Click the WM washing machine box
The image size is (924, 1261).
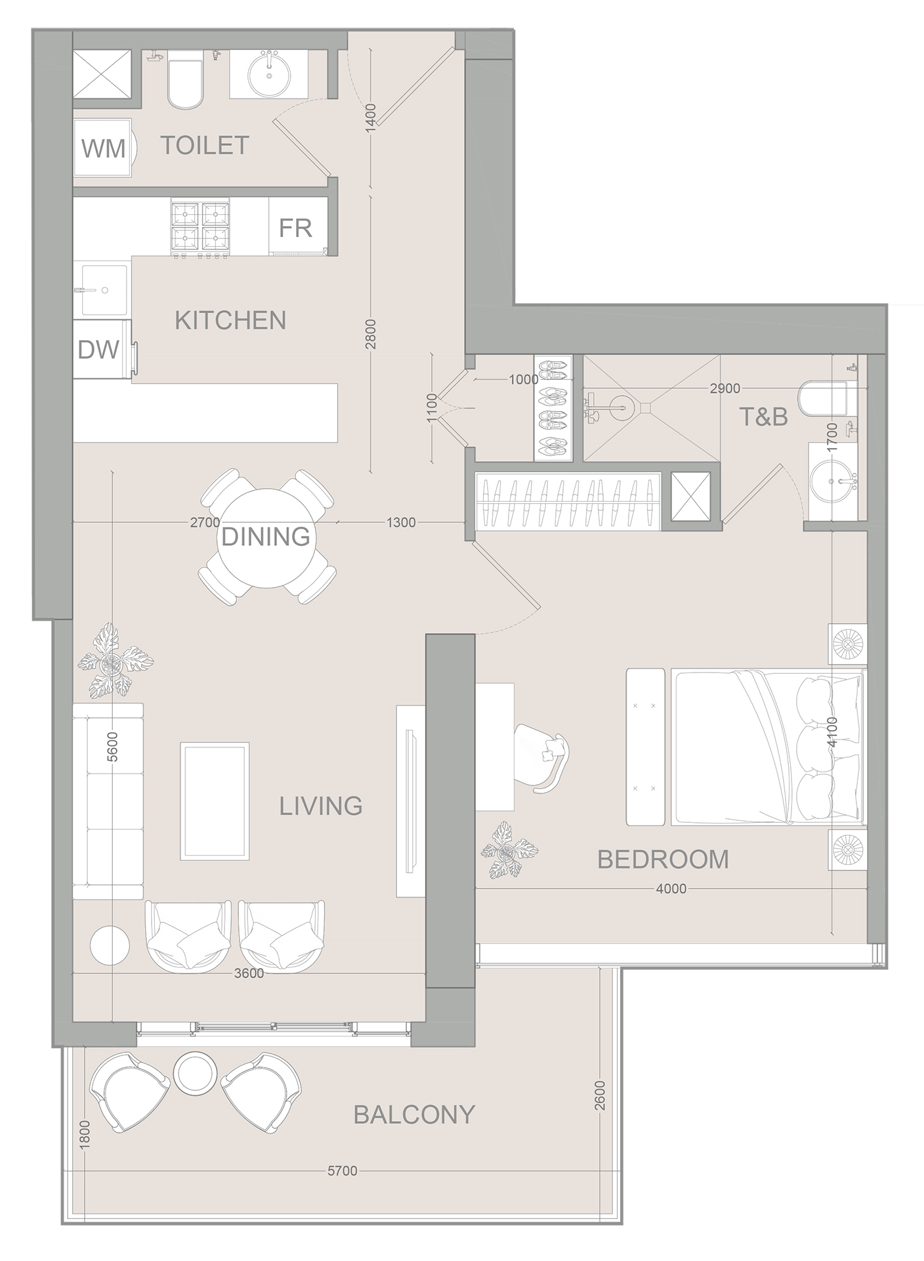(104, 148)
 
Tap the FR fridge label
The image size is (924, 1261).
(295, 228)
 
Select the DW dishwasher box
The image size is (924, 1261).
(99, 349)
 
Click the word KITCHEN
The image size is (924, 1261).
(230, 321)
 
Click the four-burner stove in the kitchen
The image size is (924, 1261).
(201, 227)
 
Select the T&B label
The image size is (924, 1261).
(764, 416)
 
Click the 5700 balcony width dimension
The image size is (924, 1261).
(342, 1171)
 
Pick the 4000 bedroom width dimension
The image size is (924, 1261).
(671, 889)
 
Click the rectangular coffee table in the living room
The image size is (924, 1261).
(215, 801)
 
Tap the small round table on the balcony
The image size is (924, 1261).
(196, 1073)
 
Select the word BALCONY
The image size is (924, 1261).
(414, 1115)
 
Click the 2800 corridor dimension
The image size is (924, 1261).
(371, 334)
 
